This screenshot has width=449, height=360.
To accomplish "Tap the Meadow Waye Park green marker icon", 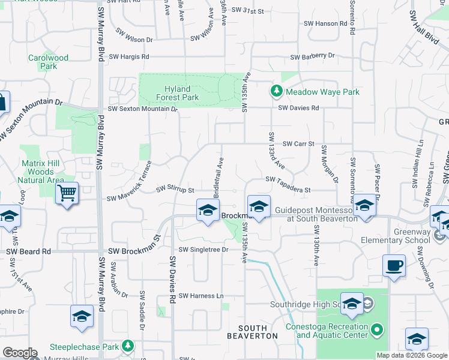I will click(x=276, y=91).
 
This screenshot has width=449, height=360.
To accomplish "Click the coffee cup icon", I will click(x=394, y=266).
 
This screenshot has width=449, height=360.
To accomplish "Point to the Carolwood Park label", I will click(x=48, y=62).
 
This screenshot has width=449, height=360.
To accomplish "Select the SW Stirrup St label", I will click(x=175, y=190).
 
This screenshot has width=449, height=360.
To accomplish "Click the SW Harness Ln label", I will click(x=200, y=296).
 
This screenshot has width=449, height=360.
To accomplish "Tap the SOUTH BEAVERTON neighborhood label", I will click(x=258, y=332).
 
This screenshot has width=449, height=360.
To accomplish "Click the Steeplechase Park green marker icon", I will click(x=127, y=346).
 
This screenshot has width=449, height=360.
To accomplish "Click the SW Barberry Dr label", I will click(x=313, y=56).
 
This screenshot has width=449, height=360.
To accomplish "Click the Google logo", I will click(x=19, y=353).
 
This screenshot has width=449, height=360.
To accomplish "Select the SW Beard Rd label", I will click(x=29, y=252).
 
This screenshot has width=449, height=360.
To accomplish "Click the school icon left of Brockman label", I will click(x=208, y=211).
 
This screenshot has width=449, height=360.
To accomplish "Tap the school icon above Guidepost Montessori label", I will click(x=259, y=207).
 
